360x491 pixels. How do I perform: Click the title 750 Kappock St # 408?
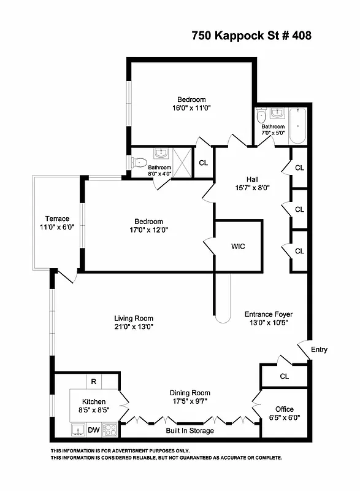pos(251,36)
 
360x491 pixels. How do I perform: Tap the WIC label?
pos(239,247)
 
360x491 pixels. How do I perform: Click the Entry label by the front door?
pos(319,350)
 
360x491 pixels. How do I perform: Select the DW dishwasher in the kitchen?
pos(93,430)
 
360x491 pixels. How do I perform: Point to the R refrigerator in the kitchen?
pos(93,381)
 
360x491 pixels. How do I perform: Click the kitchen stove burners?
pos(110,430)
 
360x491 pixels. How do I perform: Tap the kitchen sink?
pos(78,430)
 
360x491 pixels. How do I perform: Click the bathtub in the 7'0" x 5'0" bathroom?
pos(297,126)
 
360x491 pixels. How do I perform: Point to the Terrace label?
pos(57,219)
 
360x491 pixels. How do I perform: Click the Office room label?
pos(284,409)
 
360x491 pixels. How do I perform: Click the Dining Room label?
pos(190,393)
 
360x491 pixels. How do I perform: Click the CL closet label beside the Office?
pos(284,376)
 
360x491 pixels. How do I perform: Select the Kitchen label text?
pos(85,401)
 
